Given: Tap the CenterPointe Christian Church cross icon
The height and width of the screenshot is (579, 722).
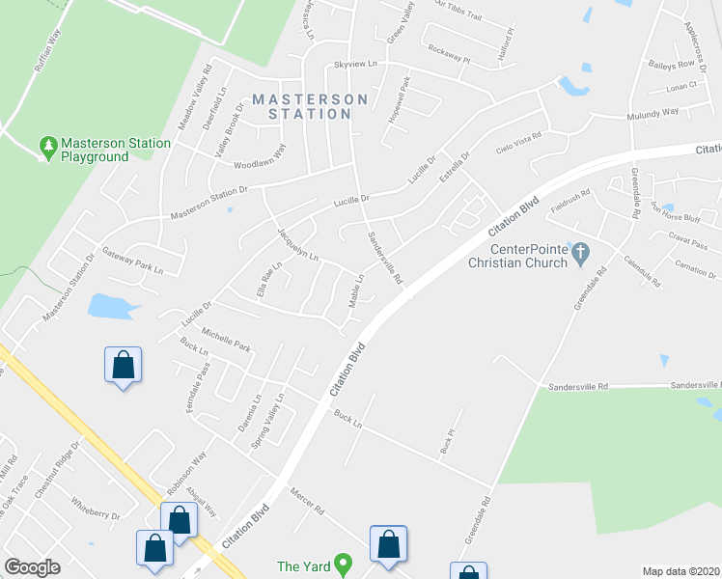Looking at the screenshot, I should click(580, 255).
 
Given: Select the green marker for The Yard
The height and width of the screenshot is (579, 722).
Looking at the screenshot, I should click(342, 565).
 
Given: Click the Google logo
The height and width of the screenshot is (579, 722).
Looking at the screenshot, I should click(33, 567).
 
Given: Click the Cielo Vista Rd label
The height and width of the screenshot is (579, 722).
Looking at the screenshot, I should click(518, 147).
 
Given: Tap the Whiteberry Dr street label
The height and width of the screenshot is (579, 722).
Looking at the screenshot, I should click(95, 510).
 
